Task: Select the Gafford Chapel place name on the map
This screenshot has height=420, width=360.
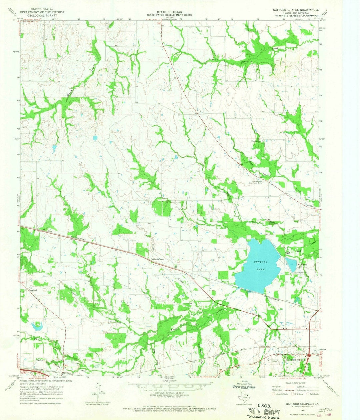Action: point(158,259)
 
